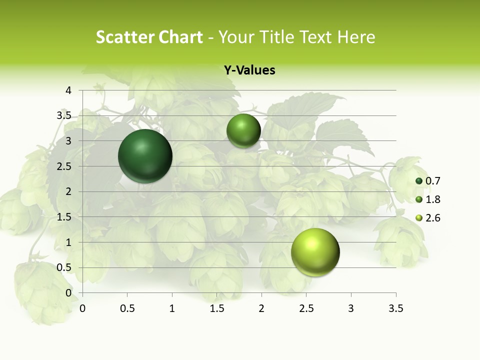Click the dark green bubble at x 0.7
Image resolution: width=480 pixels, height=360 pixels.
[x=145, y=156]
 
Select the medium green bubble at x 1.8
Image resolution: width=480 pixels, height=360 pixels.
[x=243, y=130]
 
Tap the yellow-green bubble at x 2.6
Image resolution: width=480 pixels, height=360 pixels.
[x=315, y=252]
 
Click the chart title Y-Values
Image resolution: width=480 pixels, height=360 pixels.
[x=249, y=70]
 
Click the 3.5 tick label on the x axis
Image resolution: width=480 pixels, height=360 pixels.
[x=395, y=308]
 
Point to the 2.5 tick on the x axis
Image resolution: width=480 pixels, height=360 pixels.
[x=306, y=308]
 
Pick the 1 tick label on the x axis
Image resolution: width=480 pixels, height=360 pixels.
[x=172, y=308]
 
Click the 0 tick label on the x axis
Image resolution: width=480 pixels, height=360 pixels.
[x=82, y=308]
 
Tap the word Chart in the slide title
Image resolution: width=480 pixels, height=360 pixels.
[x=180, y=37]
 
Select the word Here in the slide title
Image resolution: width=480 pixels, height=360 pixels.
[x=356, y=37]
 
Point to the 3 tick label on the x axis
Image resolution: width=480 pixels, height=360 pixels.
[x=351, y=308]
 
